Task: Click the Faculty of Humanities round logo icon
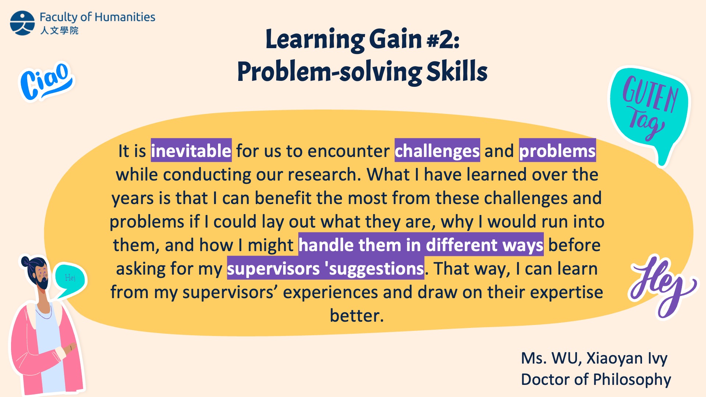22,23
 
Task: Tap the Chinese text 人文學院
59,30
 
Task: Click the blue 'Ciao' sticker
46,82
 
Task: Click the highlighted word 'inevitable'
191,150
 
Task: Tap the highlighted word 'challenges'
437,150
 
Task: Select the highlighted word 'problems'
557,150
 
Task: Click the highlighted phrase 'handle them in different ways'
421,244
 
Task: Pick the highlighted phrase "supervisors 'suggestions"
325,268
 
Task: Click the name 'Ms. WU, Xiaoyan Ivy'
594,358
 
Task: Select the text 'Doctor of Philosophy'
596,379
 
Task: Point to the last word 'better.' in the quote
357,315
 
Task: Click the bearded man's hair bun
26,262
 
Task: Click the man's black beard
43,282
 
